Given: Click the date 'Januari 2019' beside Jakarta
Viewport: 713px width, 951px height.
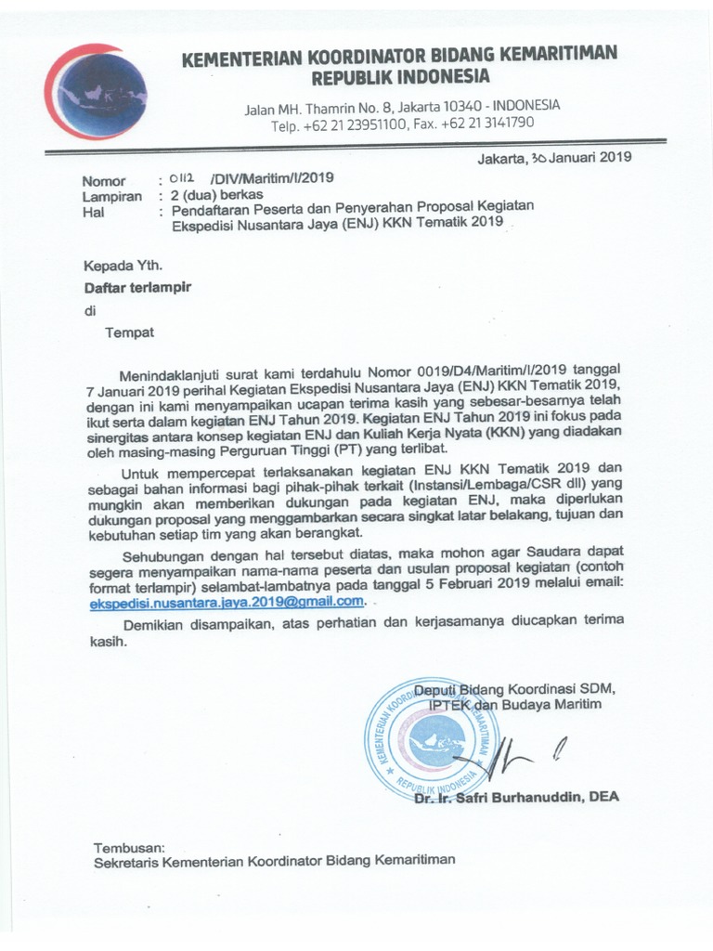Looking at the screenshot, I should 585,157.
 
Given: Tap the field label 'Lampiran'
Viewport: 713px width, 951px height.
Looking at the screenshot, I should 112,196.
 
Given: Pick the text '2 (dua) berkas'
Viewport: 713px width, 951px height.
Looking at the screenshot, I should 211,196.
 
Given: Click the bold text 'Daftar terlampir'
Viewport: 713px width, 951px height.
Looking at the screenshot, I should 137,289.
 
